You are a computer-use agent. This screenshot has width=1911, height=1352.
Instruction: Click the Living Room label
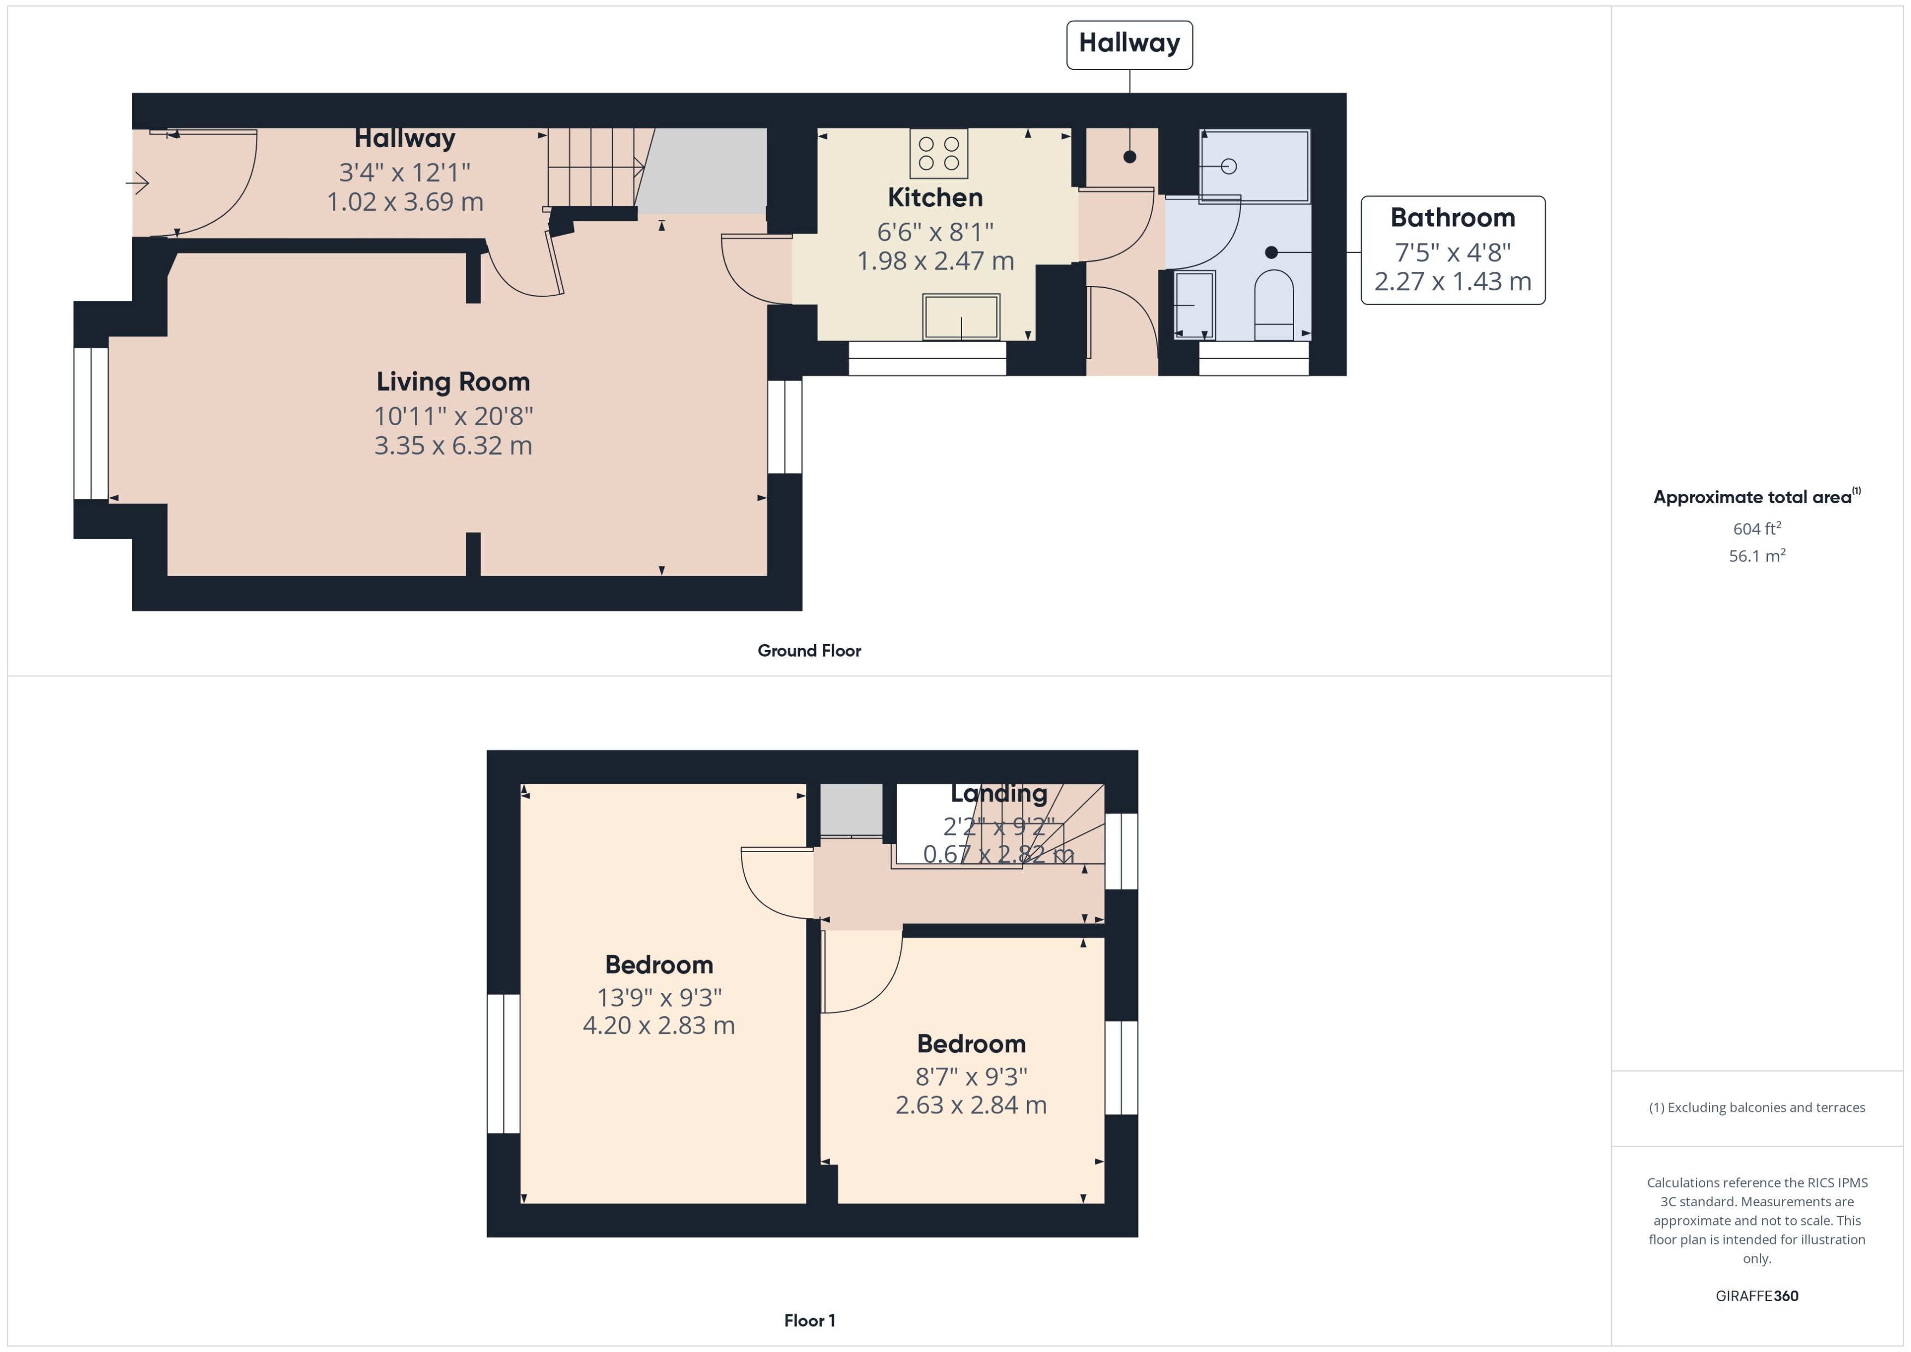click(x=453, y=382)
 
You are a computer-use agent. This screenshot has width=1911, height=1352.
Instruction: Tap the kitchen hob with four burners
click(x=939, y=154)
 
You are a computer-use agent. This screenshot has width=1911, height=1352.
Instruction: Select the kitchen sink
click(x=961, y=317)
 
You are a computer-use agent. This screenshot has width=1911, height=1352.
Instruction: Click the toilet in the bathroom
click(x=1273, y=305)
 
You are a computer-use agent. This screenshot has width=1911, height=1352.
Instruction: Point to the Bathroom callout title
click(x=1452, y=217)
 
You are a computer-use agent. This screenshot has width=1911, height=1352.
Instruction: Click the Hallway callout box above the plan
click(x=1129, y=45)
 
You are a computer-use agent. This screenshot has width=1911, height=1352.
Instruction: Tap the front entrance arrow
click(x=138, y=182)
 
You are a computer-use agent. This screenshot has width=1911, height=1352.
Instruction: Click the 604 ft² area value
click(x=1757, y=529)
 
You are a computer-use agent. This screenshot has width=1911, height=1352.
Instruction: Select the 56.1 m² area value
click(x=1757, y=555)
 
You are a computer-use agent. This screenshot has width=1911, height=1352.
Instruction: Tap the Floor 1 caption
click(x=809, y=1320)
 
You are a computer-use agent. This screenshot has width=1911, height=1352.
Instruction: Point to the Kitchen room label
click(x=935, y=197)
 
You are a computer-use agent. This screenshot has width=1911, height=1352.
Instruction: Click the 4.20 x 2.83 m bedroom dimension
click(x=658, y=1025)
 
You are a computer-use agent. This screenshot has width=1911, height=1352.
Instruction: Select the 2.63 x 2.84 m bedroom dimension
click(x=971, y=1105)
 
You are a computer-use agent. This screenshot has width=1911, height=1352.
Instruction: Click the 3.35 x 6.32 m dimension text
click(x=453, y=445)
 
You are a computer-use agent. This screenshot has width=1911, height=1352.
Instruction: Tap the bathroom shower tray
click(x=1254, y=166)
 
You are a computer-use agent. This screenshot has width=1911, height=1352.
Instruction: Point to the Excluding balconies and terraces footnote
click(x=1757, y=1107)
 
